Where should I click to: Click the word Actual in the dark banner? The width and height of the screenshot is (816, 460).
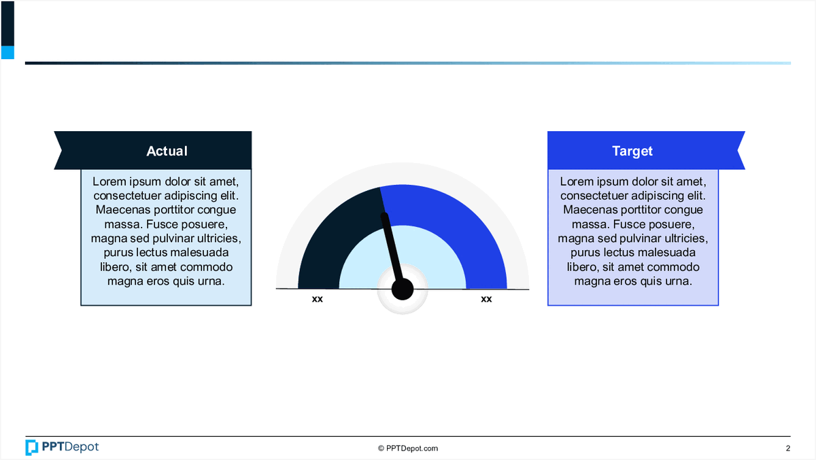point(167,151)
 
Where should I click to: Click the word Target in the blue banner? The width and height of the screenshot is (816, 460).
point(632,151)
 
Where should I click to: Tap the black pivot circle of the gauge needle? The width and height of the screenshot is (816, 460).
point(403,289)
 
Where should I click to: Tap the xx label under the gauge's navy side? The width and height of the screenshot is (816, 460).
point(318,299)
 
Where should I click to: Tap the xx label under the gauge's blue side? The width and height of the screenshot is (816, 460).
point(486,299)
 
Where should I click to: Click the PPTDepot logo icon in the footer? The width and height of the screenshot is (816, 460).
point(32,447)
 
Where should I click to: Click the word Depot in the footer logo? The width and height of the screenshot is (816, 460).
point(82,447)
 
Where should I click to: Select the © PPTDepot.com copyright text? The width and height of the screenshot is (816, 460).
point(408,448)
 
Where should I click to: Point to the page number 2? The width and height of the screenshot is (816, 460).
point(788,448)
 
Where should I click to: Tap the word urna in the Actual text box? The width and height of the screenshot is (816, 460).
point(210,281)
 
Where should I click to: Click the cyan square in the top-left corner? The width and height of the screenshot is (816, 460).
point(7,52)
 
